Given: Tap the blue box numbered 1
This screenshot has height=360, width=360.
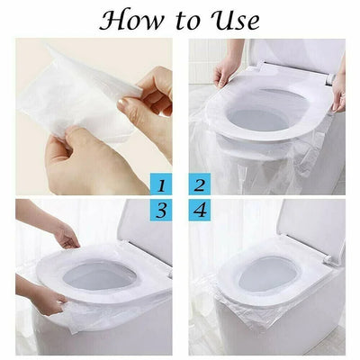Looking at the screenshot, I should tap(161, 187).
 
